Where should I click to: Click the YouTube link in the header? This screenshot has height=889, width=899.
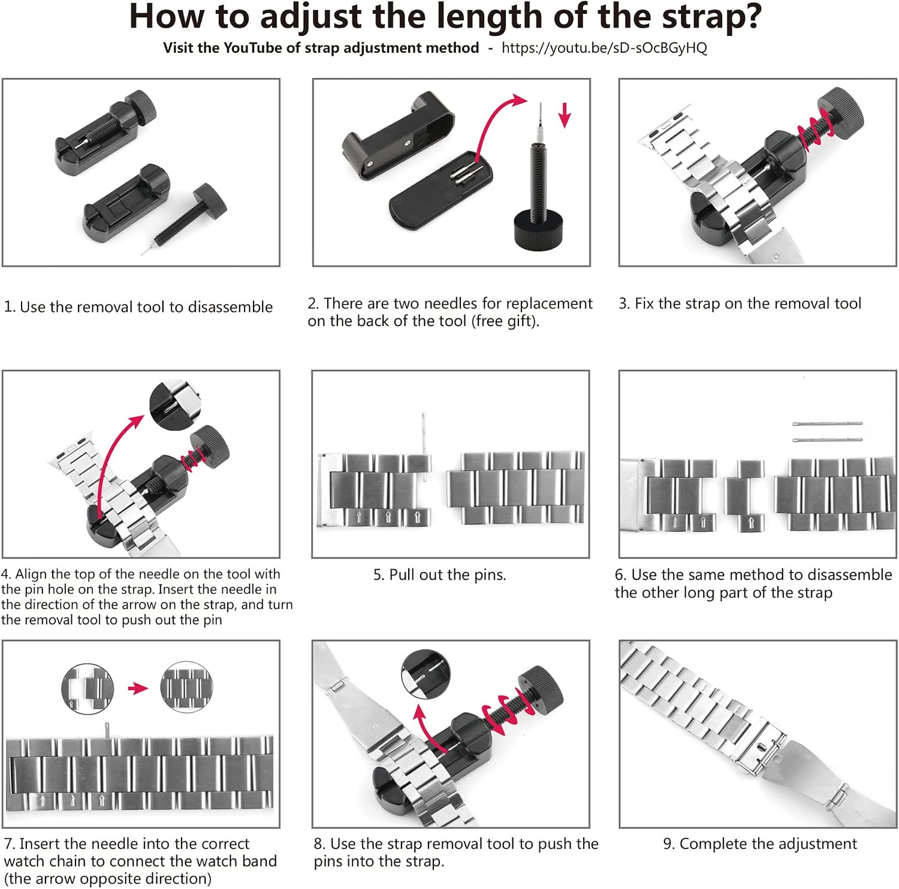click(604, 48)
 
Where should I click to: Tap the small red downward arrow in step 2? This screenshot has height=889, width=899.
click(565, 115)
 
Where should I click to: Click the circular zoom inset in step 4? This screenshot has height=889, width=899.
click(174, 405)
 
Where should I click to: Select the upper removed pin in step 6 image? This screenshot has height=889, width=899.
click(827, 424)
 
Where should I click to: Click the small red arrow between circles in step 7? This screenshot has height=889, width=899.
click(138, 688)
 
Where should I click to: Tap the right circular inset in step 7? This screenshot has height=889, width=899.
click(186, 687)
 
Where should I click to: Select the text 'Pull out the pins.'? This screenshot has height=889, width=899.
click(440, 575)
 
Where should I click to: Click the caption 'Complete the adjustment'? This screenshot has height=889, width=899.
click(768, 843)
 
